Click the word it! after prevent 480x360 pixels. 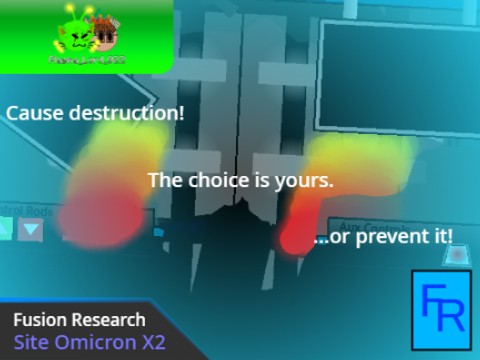(438, 238)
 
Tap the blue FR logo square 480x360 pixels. (440, 310)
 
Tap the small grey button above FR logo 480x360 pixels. (458, 255)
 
